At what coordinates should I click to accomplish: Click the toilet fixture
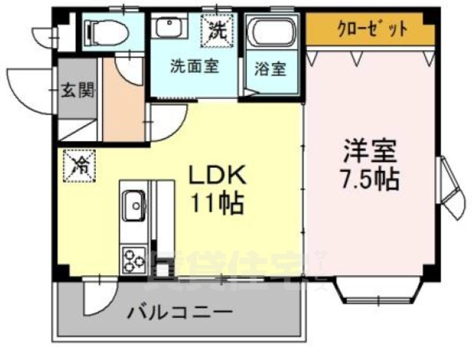104,31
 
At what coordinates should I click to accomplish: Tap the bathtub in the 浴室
272,34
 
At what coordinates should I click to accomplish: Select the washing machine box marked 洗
217,31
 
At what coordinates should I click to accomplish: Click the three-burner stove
134,262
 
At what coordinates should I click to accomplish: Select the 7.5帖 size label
369,179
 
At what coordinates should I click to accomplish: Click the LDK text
216,175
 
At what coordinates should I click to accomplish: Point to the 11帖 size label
216,203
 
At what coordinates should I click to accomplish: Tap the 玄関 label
77,92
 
